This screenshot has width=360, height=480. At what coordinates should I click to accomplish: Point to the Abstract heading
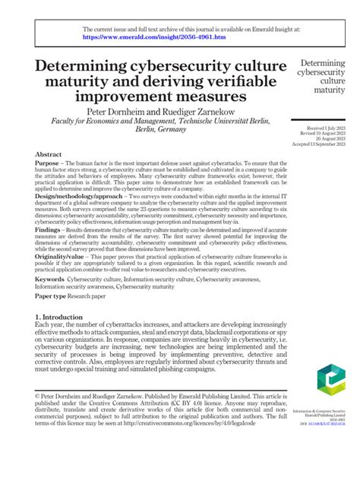click(x=48, y=154)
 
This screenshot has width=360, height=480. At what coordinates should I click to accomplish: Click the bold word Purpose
click(x=49, y=165)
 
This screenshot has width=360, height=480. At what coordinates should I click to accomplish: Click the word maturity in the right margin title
click(x=324, y=90)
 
